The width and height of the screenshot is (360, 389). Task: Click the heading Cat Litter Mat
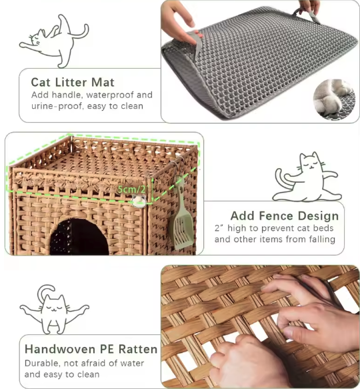point(73,82)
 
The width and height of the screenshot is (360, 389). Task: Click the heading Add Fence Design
point(285,216)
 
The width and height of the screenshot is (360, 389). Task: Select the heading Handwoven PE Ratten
point(91,349)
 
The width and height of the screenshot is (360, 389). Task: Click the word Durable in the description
point(41,364)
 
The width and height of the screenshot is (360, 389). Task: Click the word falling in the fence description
point(320,240)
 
